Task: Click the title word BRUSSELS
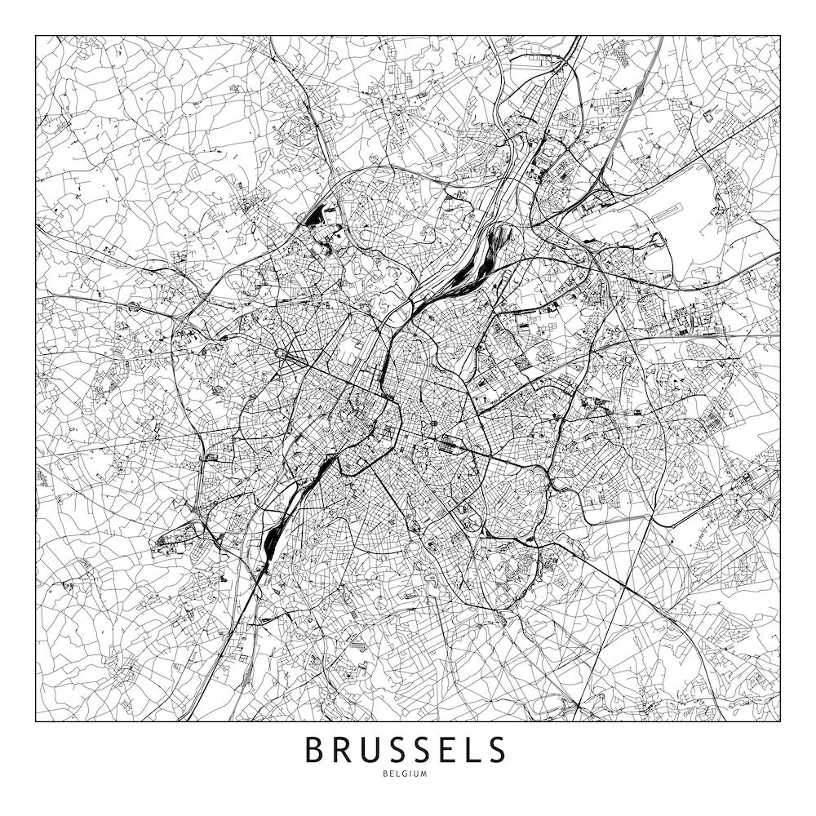click(406, 750)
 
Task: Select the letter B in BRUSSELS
click(315, 750)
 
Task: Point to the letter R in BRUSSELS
click(343, 750)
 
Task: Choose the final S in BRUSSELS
click(496, 750)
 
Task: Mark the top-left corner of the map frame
click(36, 36)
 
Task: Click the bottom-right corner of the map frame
click(780, 721)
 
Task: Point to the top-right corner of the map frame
click(780, 36)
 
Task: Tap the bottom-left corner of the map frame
click(36, 721)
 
